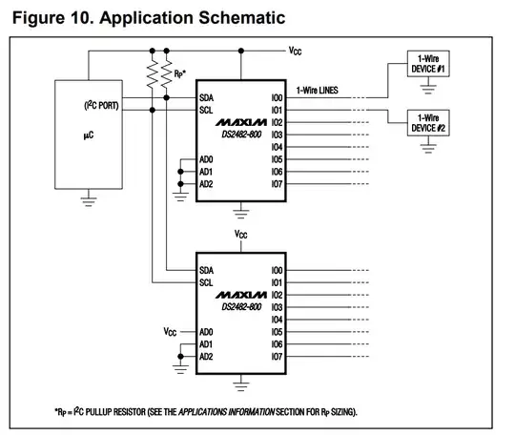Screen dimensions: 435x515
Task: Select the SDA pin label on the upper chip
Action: click(x=207, y=98)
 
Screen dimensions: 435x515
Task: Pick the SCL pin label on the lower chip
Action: click(x=207, y=282)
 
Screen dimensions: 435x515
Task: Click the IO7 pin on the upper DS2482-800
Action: click(x=278, y=183)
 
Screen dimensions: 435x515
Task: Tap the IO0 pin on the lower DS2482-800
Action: click(x=278, y=271)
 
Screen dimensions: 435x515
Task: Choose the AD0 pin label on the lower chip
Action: click(x=206, y=331)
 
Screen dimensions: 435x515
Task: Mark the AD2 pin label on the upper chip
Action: click(x=206, y=183)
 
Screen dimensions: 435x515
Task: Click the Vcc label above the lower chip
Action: click(x=242, y=233)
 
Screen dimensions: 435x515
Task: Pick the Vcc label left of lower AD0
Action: click(x=170, y=332)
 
